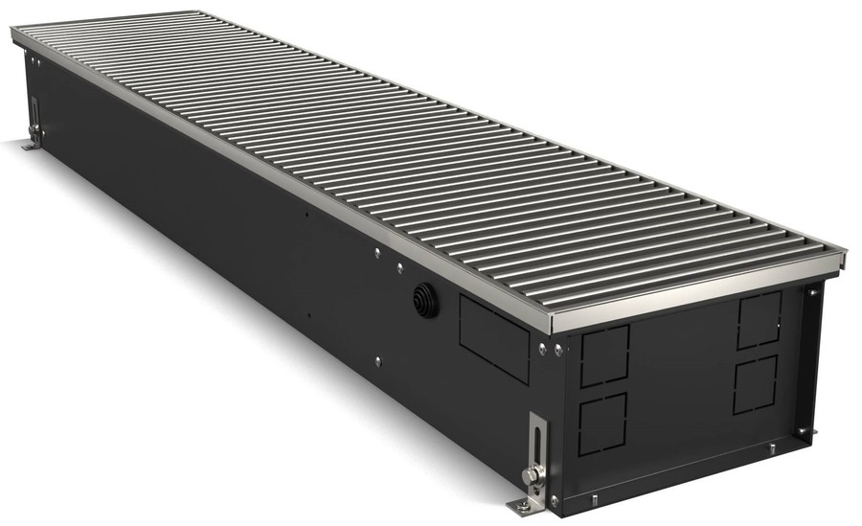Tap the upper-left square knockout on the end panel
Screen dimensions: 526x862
click(604, 355)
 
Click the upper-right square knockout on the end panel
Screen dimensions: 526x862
click(760, 319)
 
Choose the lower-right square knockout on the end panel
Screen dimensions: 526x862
click(757, 384)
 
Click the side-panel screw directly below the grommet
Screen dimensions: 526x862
click(377, 360)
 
